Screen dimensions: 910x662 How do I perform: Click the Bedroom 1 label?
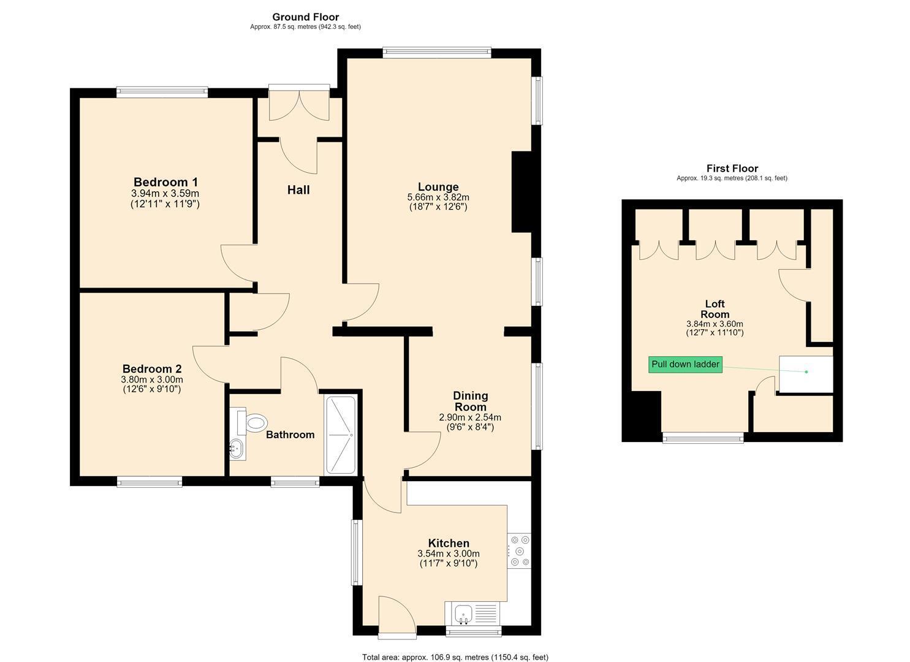tap(165, 181)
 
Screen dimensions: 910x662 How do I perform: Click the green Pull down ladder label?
tap(685, 364)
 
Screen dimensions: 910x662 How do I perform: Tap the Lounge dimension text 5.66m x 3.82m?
tap(438, 197)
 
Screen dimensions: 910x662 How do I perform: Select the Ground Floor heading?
tap(306, 17)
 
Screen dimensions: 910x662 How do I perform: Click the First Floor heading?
tap(732, 168)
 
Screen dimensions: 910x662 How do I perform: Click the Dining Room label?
tap(471, 401)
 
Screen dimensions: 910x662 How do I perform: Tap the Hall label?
tap(298, 190)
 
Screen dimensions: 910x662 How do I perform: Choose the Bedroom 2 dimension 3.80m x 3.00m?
tap(152, 379)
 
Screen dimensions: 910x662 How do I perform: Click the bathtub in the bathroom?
tap(341, 435)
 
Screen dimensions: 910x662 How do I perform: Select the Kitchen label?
tap(449, 543)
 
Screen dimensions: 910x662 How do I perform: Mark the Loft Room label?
tap(715, 309)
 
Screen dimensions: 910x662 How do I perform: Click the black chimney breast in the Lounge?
tap(521, 192)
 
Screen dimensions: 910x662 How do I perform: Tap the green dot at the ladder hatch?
tap(806, 372)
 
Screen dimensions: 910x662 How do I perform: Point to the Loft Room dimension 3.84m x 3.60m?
tap(715, 324)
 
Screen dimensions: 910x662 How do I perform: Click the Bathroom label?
tap(290, 435)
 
